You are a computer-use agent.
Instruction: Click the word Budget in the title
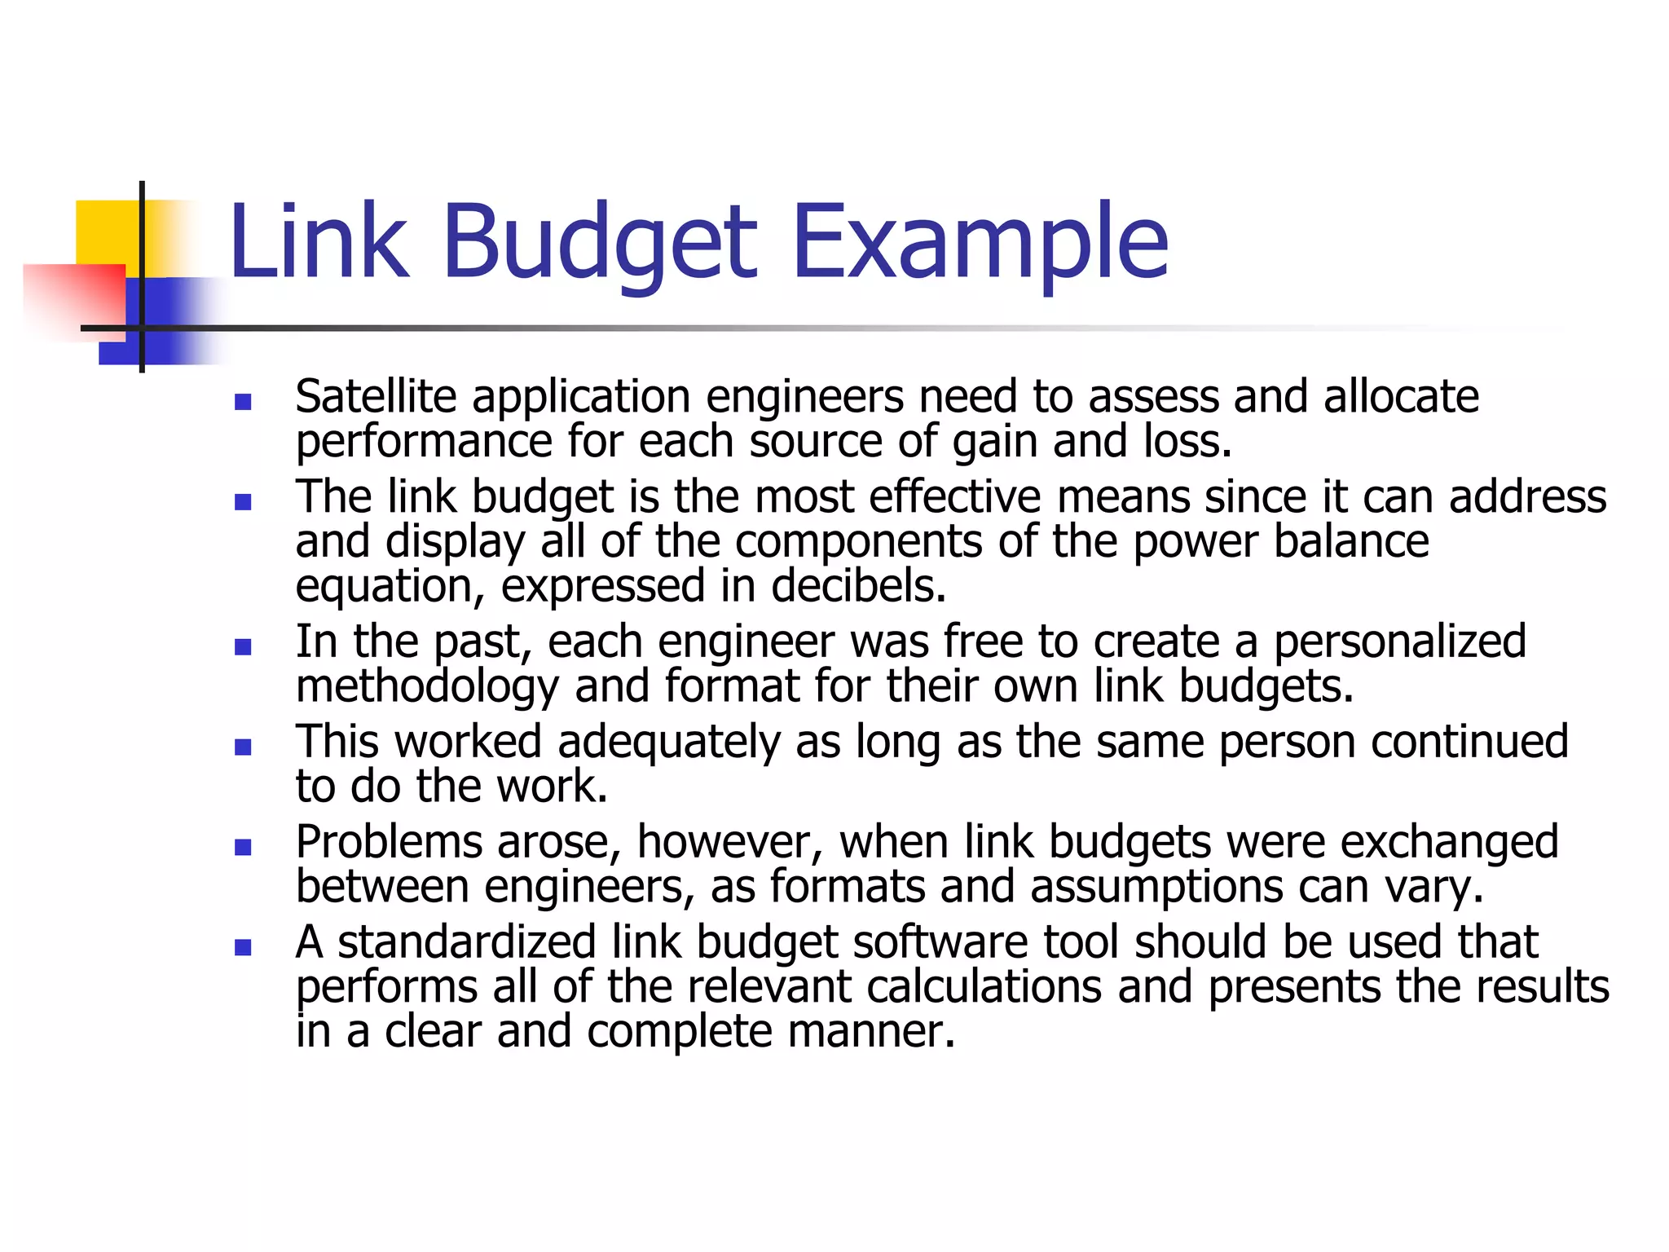coord(601,242)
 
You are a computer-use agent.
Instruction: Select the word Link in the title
coord(318,242)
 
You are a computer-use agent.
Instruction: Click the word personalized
coord(1399,641)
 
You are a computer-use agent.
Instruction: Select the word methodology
coord(427,686)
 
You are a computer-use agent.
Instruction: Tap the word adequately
coord(668,743)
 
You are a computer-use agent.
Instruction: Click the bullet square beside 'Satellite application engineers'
coord(242,402)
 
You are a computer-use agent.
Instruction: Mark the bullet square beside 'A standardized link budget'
coord(242,947)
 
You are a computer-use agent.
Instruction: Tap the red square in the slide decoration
coord(73,298)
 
